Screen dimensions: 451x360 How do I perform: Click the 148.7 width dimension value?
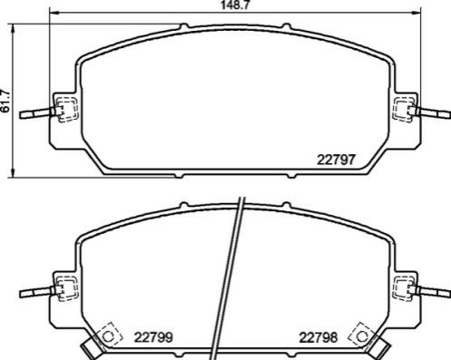click(235, 5)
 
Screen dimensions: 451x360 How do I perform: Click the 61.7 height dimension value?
click(5, 101)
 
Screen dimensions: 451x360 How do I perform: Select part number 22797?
click(336, 160)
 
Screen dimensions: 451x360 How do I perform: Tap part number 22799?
click(153, 337)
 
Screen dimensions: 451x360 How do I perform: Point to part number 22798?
click(319, 337)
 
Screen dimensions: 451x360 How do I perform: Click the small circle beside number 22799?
click(108, 336)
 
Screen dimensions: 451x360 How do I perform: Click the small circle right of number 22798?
click(362, 336)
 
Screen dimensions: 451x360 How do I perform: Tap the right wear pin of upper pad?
click(433, 113)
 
